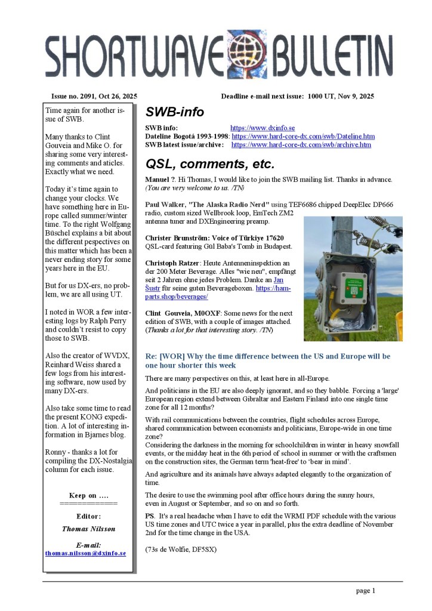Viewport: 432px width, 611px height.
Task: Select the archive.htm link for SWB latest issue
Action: click(301, 144)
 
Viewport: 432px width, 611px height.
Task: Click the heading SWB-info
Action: click(174, 112)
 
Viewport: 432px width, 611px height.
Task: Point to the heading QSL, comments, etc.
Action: click(209, 163)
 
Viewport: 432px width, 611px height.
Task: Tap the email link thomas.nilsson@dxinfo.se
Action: click(85, 553)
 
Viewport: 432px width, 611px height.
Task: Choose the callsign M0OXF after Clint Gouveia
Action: click(210, 313)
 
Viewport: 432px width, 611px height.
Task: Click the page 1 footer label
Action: click(365, 591)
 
